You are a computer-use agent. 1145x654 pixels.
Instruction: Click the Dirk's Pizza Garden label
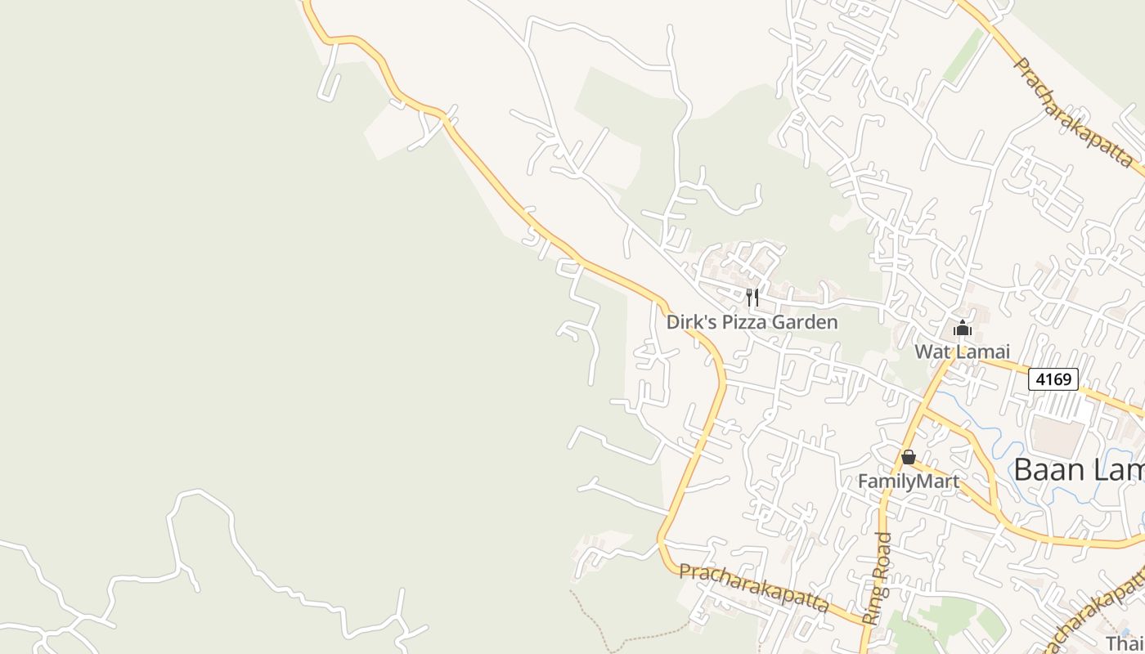click(752, 322)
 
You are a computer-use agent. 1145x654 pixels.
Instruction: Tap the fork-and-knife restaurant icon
click(752, 297)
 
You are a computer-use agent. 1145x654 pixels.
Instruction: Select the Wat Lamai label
click(962, 352)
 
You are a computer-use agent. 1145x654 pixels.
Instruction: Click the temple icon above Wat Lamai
click(963, 329)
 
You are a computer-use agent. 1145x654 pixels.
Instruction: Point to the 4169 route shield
click(1053, 379)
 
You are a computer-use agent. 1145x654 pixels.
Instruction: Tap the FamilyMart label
click(908, 482)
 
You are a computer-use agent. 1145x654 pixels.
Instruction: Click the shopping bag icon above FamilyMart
click(908, 457)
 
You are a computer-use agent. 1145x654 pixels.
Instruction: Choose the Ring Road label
click(878, 579)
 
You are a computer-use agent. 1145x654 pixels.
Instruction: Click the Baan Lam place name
click(1078, 470)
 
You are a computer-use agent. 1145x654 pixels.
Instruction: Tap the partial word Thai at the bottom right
click(1125, 643)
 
